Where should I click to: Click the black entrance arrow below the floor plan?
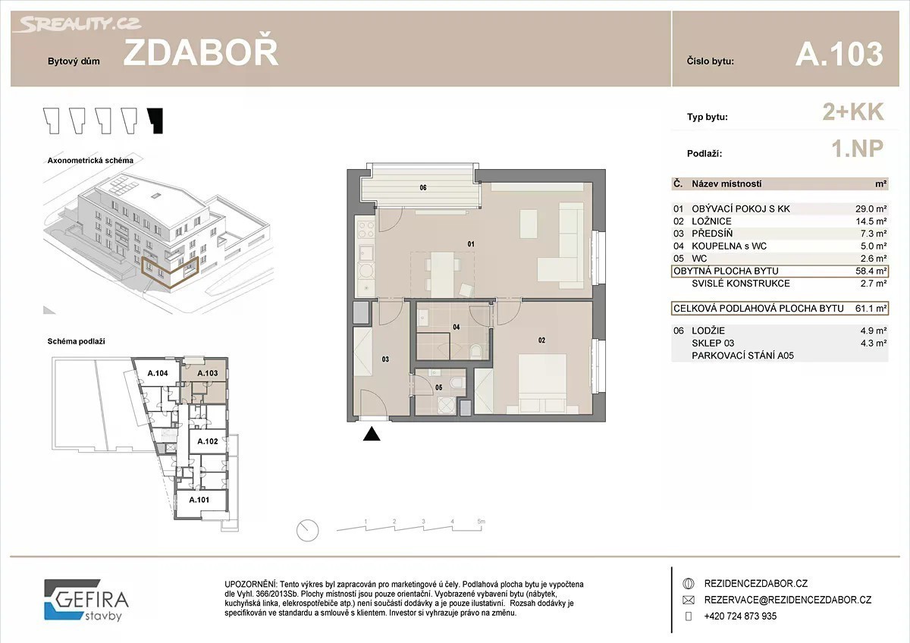coord(372,434)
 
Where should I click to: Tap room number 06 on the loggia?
coord(423,187)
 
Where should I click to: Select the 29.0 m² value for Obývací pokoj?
coord(871,209)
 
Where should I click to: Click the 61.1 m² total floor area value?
coord(871,309)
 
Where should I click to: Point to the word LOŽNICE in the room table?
coord(711,221)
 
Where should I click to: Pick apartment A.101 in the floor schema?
coord(199,500)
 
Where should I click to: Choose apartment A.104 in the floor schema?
coord(158,373)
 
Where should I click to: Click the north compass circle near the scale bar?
coord(308,531)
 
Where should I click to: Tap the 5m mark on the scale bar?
coord(481,521)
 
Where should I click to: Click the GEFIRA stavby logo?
coord(86,600)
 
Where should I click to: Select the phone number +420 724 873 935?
coord(740,616)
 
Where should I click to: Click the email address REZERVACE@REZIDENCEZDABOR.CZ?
coord(788,600)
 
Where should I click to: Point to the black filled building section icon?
coord(155,121)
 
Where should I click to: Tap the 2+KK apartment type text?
coord(852,112)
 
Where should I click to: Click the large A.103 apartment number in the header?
coord(839,54)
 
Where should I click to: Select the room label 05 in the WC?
coord(439,387)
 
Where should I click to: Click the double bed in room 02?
coord(542,384)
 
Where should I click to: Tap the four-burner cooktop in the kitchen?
coord(366,230)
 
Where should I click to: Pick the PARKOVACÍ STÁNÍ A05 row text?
coord(742,356)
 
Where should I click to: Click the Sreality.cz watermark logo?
coord(77,24)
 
